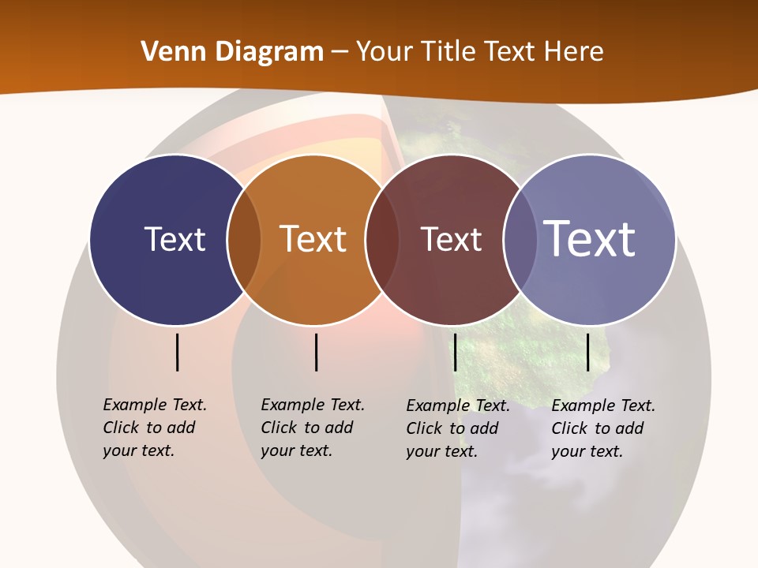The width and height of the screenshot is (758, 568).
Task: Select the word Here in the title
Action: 574,52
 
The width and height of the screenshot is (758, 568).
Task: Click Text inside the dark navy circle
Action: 174,239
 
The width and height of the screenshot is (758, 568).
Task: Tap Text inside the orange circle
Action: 313,239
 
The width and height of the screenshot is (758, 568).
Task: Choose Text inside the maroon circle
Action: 451,239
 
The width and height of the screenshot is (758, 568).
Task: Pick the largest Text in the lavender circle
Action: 590,239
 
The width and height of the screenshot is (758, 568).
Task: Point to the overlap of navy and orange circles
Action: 244,240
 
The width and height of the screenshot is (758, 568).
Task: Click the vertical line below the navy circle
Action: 178,352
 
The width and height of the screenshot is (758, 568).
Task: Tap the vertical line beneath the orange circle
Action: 316,352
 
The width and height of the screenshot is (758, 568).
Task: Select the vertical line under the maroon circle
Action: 455,352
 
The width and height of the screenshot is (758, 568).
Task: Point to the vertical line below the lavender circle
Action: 588,352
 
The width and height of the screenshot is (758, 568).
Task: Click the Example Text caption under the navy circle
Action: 154,428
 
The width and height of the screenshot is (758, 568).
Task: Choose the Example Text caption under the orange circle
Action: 312,428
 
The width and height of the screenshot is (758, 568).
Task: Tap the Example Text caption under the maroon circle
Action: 457,428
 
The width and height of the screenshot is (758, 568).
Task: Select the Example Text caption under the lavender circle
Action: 602,428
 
